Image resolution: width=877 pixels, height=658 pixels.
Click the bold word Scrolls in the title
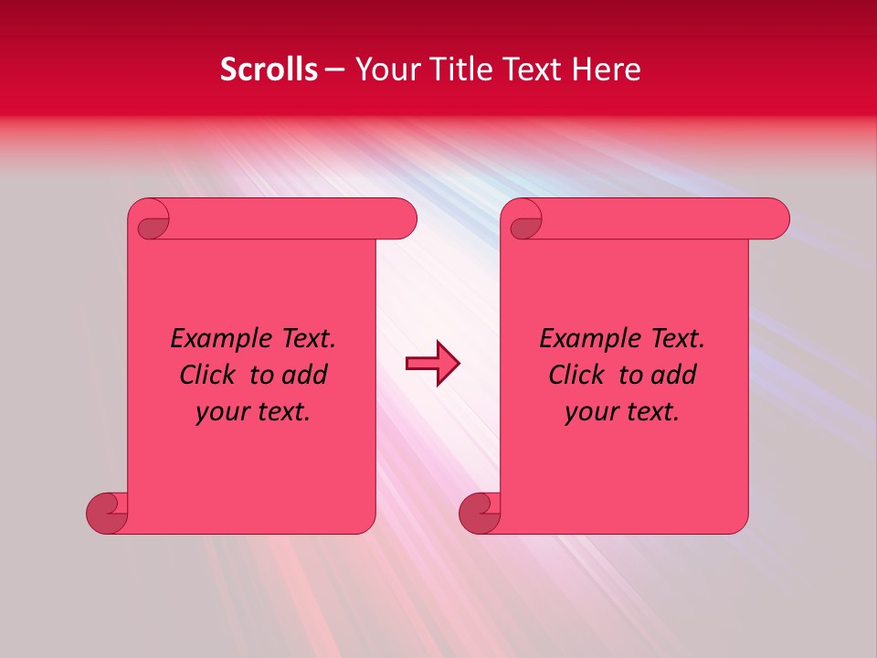269,69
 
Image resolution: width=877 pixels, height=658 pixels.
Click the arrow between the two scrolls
432,364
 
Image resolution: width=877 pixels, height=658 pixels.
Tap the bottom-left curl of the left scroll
106,512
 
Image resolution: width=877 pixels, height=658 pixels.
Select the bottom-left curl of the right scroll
479,512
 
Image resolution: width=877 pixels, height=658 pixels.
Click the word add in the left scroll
305,375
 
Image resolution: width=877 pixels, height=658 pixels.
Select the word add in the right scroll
674,375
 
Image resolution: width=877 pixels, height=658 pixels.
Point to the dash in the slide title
334,70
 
